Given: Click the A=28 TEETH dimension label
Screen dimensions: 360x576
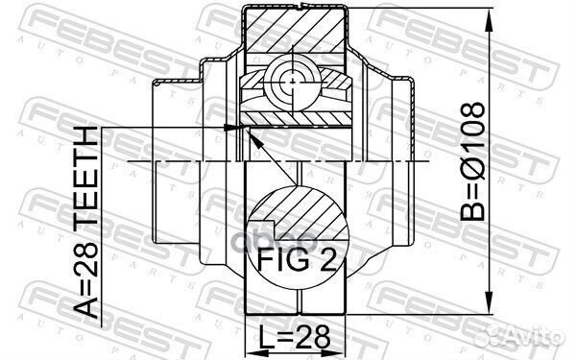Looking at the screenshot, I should (88, 227).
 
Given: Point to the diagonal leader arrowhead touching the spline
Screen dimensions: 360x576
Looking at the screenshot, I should (252, 136).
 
